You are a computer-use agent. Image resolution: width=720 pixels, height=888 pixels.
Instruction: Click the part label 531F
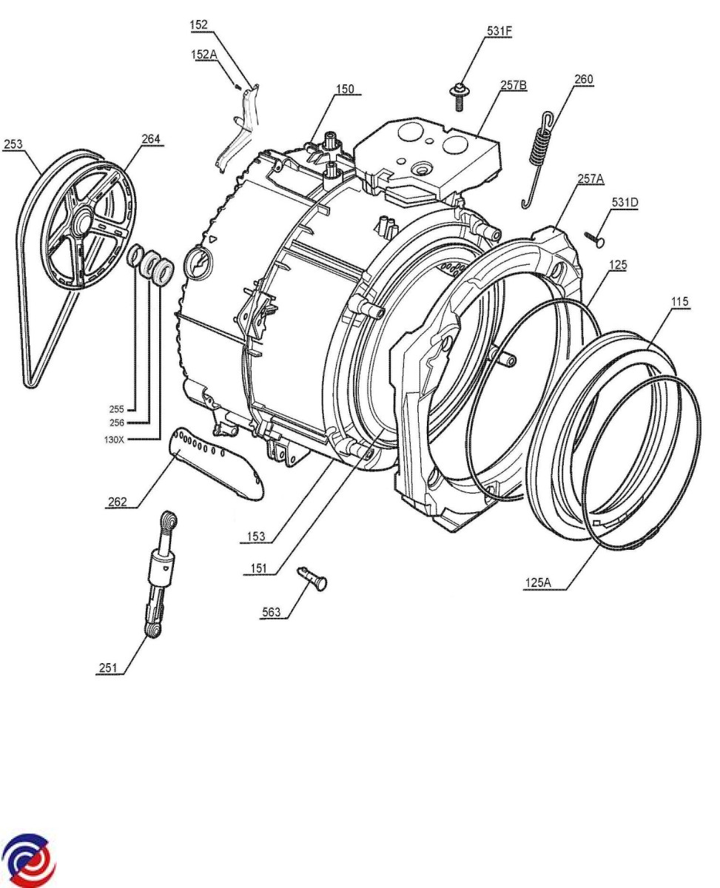click(x=499, y=31)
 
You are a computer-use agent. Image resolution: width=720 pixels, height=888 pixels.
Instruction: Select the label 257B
click(x=513, y=85)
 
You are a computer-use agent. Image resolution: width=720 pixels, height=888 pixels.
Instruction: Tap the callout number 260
click(x=583, y=78)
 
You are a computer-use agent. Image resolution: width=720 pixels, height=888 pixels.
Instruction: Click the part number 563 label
click(x=271, y=613)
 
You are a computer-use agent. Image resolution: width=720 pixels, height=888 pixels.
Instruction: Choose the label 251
click(x=108, y=667)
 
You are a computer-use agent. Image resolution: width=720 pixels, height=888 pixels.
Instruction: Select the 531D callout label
click(x=626, y=202)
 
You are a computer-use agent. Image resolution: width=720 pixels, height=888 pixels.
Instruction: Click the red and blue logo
click(x=29, y=861)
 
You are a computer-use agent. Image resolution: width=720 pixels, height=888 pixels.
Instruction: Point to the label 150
click(x=344, y=90)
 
